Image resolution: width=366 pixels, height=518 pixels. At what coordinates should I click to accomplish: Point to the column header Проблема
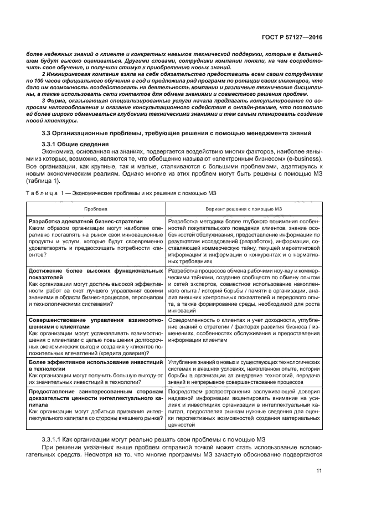pyautogui.click(x=96, y=209)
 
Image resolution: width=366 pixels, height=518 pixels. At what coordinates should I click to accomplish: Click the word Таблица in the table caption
pyautogui.click(x=42, y=193)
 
